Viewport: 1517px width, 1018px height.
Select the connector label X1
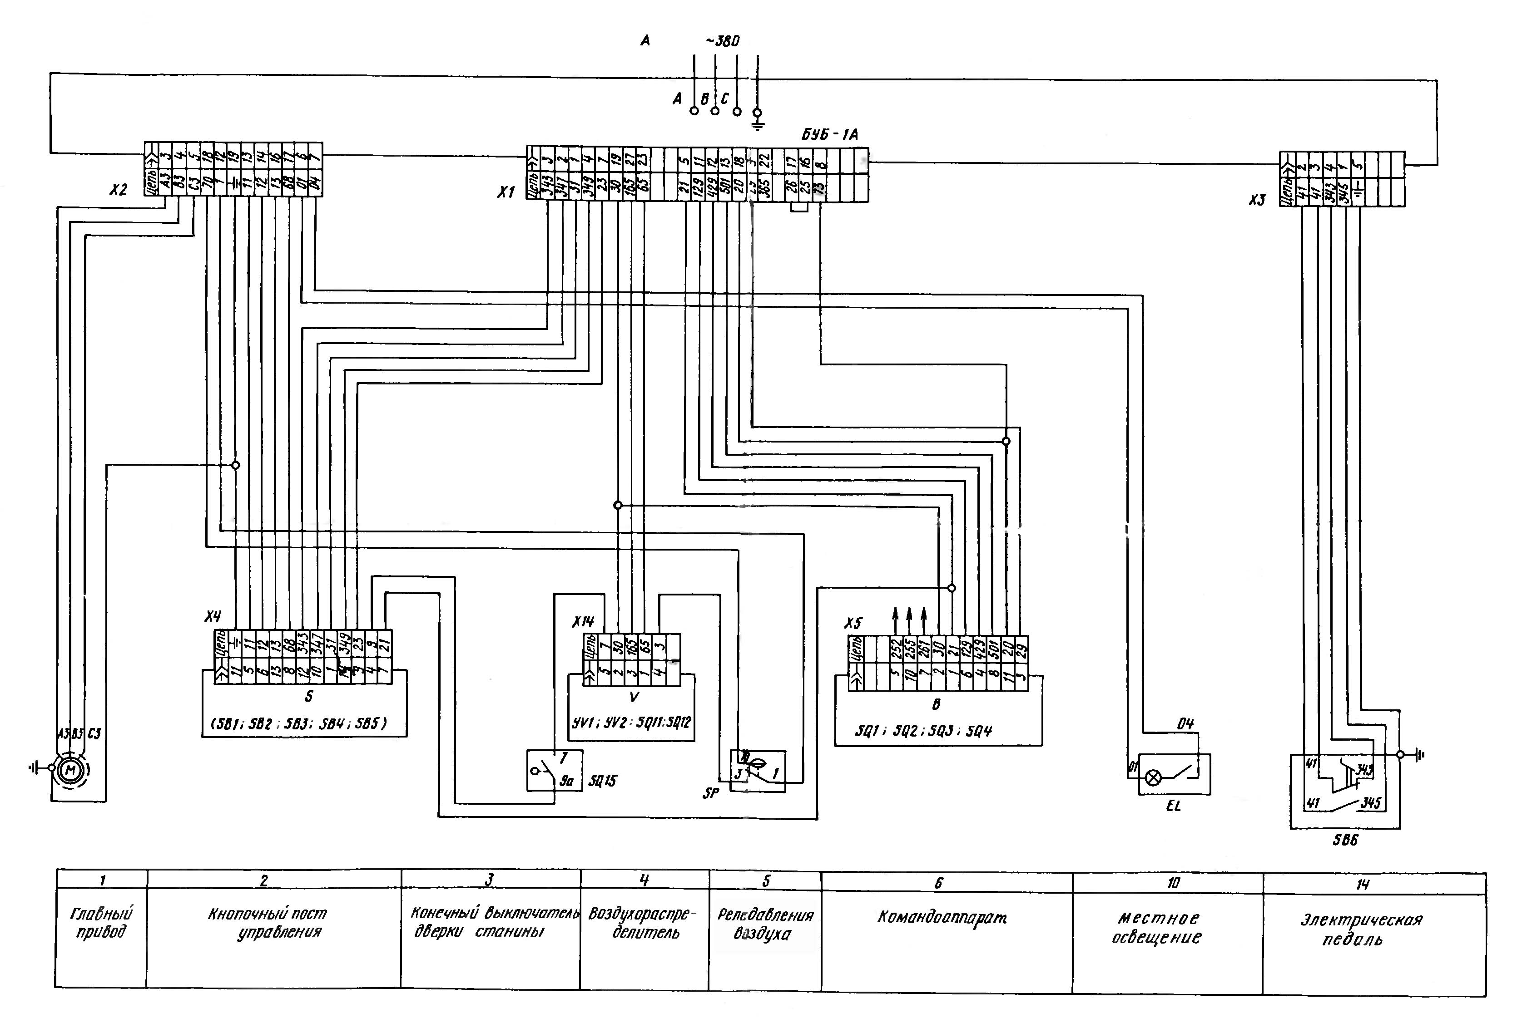click(506, 192)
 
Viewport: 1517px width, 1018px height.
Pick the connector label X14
click(583, 621)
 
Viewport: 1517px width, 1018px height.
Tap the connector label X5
click(853, 623)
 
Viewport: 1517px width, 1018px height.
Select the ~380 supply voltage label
click(723, 42)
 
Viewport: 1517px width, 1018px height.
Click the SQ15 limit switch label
click(602, 781)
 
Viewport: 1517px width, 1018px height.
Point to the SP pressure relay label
click(711, 793)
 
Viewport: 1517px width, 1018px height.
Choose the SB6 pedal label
click(1345, 840)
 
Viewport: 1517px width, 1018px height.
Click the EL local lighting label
click(1173, 807)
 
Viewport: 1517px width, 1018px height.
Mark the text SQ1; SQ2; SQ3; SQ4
click(923, 731)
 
